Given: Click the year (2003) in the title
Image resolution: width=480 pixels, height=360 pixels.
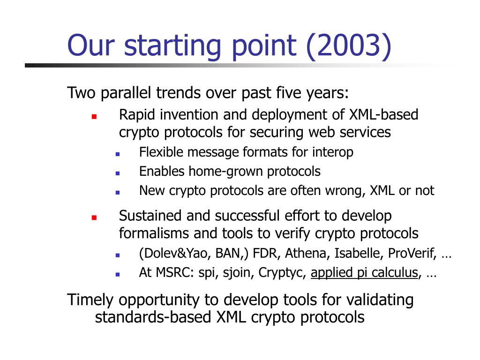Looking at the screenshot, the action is pos(349,45).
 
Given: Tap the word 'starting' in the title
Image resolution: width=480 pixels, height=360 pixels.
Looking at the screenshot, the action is pos(172,46).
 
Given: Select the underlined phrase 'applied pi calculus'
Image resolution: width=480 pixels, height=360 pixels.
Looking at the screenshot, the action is pos(364,272).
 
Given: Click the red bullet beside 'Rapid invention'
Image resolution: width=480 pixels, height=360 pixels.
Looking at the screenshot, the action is pos(94,116).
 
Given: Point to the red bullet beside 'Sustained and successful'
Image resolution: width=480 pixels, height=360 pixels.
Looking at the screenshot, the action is pos(94,217).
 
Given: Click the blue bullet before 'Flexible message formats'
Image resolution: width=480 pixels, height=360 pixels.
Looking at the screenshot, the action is pos(118,154).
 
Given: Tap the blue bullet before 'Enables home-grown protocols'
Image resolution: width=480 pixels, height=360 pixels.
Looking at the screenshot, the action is pos(118,173).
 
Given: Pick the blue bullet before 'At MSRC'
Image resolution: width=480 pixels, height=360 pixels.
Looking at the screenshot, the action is pos(118,275).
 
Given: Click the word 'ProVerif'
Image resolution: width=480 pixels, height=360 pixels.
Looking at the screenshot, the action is pos(412,253).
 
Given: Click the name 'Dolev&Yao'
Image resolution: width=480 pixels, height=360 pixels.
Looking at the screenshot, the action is pos(176,253).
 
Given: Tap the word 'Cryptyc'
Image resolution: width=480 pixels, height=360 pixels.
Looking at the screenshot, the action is pos(281,273).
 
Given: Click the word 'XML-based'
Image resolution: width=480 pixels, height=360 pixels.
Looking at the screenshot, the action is pos(383,114).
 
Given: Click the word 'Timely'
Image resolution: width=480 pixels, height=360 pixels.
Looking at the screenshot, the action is pos(90,300).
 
